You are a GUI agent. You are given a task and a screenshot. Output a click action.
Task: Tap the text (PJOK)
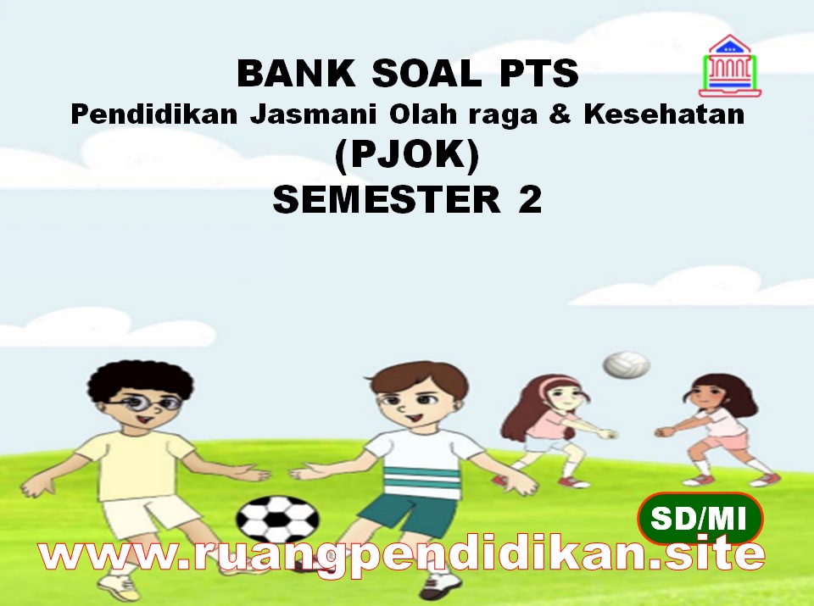pos(407,157)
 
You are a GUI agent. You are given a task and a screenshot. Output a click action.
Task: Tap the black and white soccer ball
pos(277,519)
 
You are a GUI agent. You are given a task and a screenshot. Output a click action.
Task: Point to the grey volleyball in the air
pos(626,365)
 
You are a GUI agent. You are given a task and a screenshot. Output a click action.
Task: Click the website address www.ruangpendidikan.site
pos(404,555)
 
